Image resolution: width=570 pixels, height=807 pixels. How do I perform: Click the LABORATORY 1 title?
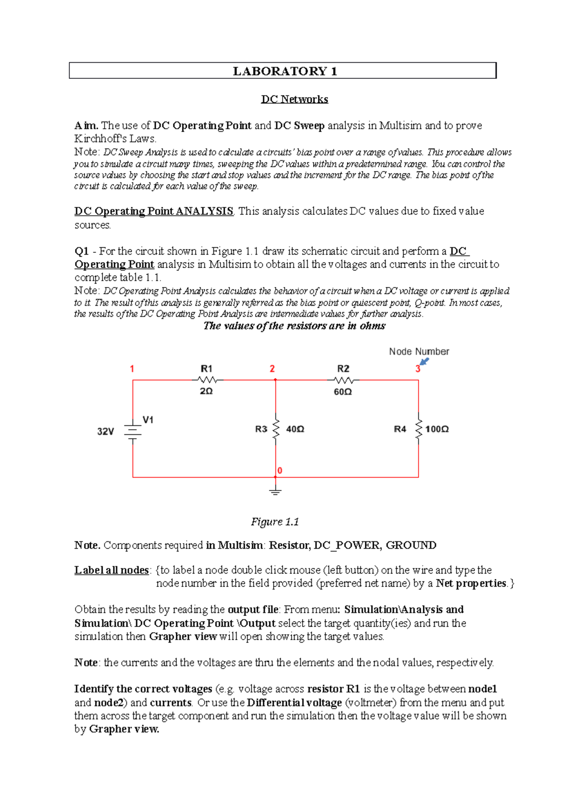pyautogui.click(x=285, y=71)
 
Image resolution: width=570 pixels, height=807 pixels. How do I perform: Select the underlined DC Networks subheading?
pyautogui.click(x=294, y=99)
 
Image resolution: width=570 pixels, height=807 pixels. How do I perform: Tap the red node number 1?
pyautogui.click(x=132, y=369)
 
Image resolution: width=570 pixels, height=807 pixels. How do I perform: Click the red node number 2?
pyautogui.click(x=272, y=369)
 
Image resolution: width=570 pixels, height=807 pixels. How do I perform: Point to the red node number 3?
pyautogui.click(x=418, y=369)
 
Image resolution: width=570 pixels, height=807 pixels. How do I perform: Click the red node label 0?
pyautogui.click(x=280, y=471)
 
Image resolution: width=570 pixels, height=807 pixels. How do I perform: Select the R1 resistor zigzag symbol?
pyautogui.click(x=207, y=380)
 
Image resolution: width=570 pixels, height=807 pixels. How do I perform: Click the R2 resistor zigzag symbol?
pyautogui.click(x=344, y=380)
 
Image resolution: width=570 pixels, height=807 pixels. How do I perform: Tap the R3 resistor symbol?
pyautogui.click(x=275, y=429)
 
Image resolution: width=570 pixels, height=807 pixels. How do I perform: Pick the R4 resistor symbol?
pyautogui.click(x=418, y=429)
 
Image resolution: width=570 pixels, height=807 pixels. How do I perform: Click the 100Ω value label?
pyautogui.click(x=437, y=429)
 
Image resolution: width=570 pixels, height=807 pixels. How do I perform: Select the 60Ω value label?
pyautogui.click(x=343, y=392)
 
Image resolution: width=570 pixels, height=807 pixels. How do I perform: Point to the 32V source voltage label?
pyautogui.click(x=105, y=432)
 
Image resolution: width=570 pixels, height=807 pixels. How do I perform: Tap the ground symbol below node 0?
pyautogui.click(x=275, y=491)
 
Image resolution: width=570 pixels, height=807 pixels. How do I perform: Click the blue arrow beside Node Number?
pyautogui.click(x=424, y=362)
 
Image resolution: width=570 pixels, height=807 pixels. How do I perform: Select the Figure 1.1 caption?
pyautogui.click(x=275, y=522)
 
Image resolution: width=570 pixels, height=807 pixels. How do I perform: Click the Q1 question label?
pyautogui.click(x=82, y=251)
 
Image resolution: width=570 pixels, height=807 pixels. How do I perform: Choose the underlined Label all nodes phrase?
pyautogui.click(x=112, y=570)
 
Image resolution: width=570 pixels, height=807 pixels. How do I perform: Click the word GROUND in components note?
pyautogui.click(x=411, y=546)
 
